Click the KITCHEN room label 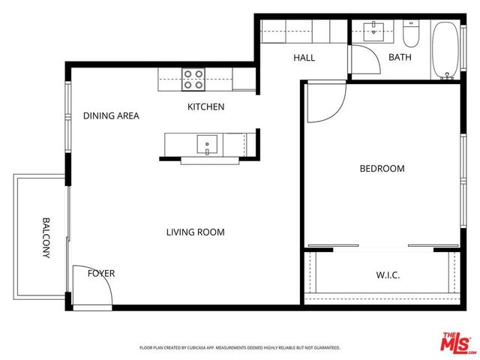(x=205, y=107)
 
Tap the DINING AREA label (x=111, y=115)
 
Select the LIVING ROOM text (x=195, y=232)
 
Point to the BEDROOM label (x=382, y=169)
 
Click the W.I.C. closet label (x=387, y=275)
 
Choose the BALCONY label (x=46, y=238)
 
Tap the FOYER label (x=101, y=273)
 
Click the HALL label (x=304, y=58)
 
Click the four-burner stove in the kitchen (x=193, y=78)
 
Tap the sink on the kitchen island (x=205, y=142)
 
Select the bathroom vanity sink (x=373, y=31)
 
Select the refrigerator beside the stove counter (x=244, y=79)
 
